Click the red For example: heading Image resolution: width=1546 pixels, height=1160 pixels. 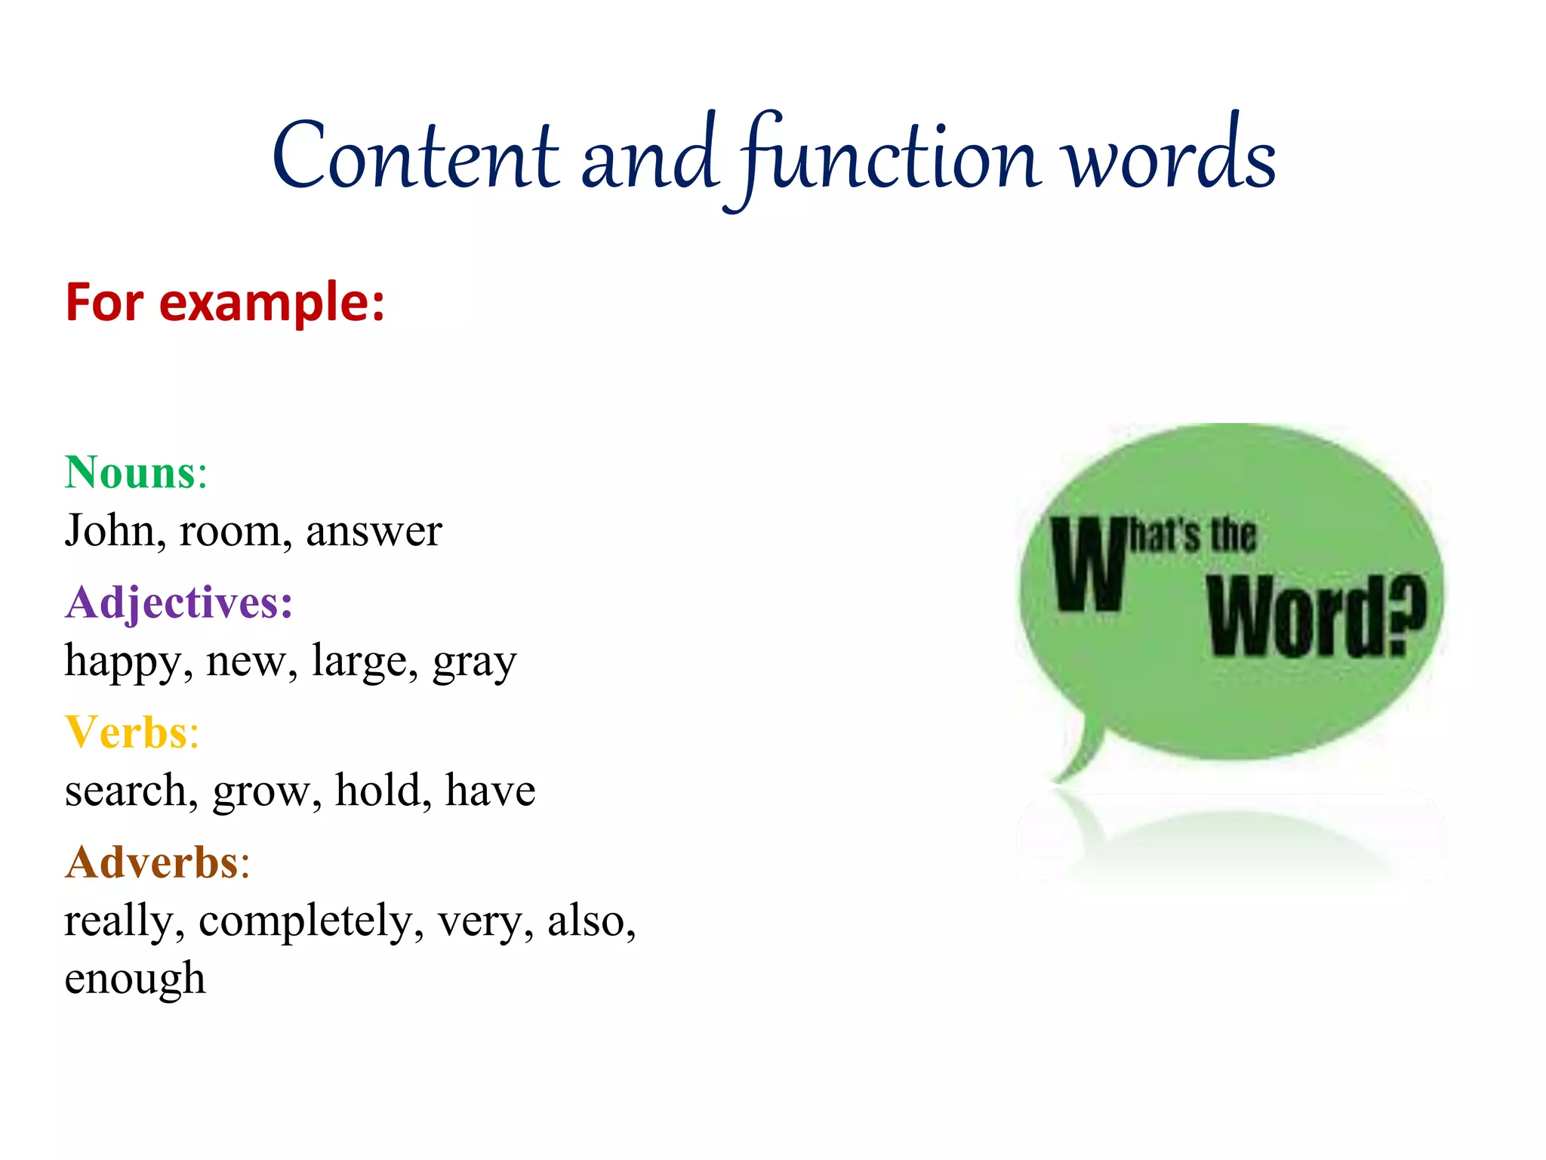coord(225,302)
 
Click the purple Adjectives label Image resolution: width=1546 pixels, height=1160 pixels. coord(178,603)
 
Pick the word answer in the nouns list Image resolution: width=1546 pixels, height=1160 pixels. coord(374,530)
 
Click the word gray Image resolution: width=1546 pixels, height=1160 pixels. coord(474,662)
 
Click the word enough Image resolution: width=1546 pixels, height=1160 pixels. coord(134,979)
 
